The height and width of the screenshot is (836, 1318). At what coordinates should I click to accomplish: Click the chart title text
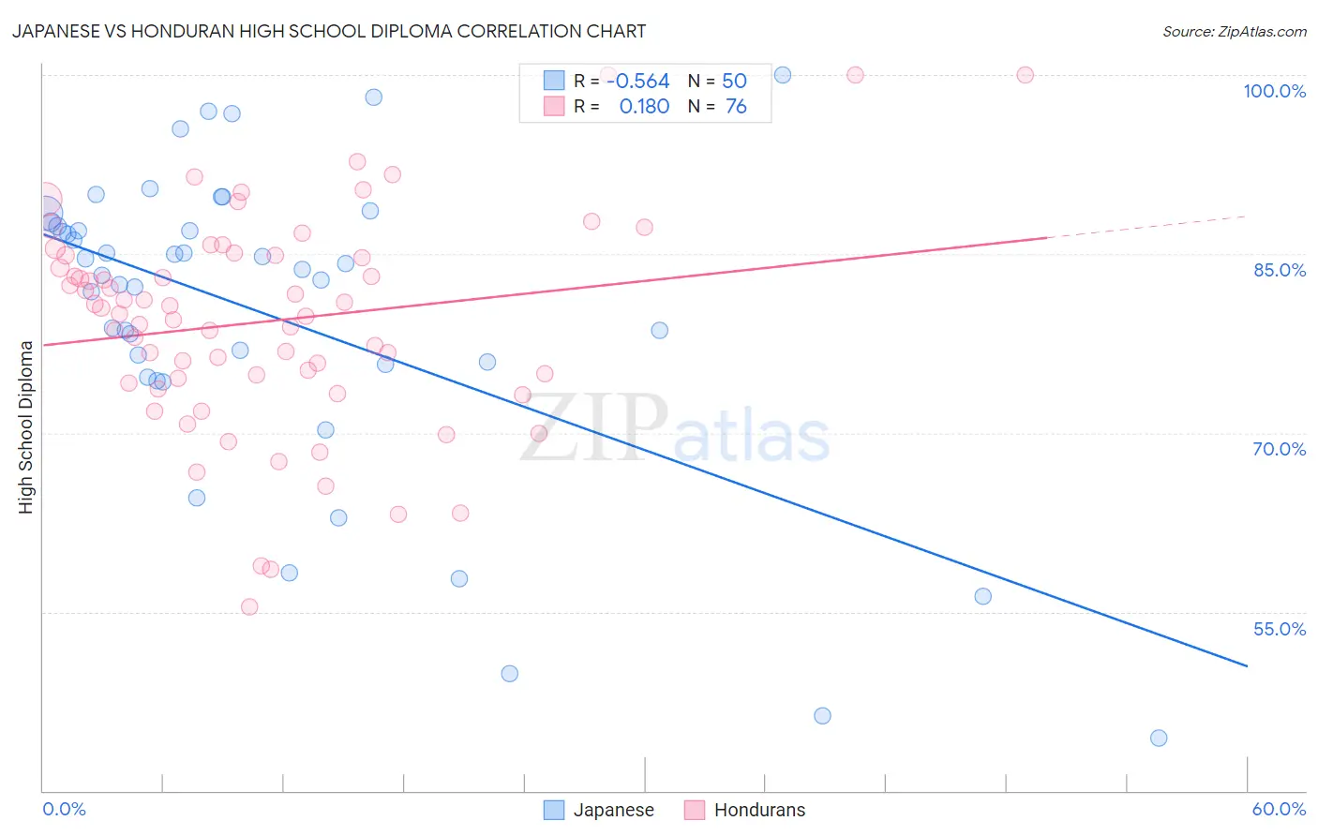point(328,31)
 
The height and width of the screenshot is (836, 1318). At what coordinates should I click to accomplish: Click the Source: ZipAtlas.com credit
point(1234,32)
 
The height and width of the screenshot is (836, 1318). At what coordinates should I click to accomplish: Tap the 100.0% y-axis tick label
point(1274,91)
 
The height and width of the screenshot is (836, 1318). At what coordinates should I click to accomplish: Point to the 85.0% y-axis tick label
point(1279,270)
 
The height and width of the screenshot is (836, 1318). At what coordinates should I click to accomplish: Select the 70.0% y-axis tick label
point(1279,449)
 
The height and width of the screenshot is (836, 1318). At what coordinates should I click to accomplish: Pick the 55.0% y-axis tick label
point(1279,629)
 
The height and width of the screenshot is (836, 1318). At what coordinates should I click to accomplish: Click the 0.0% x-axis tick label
point(64,809)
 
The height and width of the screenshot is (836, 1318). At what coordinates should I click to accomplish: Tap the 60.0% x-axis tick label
point(1279,809)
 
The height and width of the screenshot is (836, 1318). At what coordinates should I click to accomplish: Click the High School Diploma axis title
point(26,426)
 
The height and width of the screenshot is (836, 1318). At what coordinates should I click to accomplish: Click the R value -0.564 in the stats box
point(638,82)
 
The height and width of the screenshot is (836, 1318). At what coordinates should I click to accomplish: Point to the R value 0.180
point(644,107)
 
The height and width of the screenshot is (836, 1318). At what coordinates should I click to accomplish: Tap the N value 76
point(736,107)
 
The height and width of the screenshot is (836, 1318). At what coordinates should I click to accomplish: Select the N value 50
point(734,82)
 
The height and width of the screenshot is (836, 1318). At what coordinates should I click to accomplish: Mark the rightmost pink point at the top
point(1025,75)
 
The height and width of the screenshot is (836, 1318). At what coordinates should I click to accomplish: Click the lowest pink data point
point(249,606)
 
